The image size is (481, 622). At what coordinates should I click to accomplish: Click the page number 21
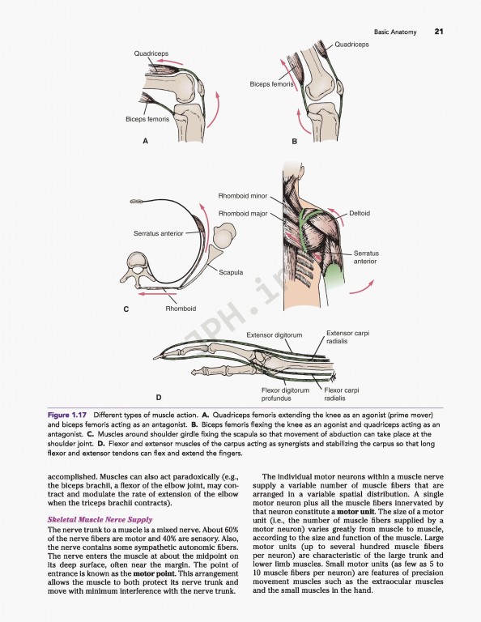[438, 32]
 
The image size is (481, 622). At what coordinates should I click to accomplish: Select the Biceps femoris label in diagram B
[272, 83]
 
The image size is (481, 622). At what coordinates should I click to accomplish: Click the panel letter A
[146, 141]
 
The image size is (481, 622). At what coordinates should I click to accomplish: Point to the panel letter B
[295, 141]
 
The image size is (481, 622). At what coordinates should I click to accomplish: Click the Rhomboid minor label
[242, 196]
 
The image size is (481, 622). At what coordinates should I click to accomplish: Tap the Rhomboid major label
[242, 213]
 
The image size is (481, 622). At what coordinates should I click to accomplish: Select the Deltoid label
[359, 213]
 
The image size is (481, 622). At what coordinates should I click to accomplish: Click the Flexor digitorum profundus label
[285, 394]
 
